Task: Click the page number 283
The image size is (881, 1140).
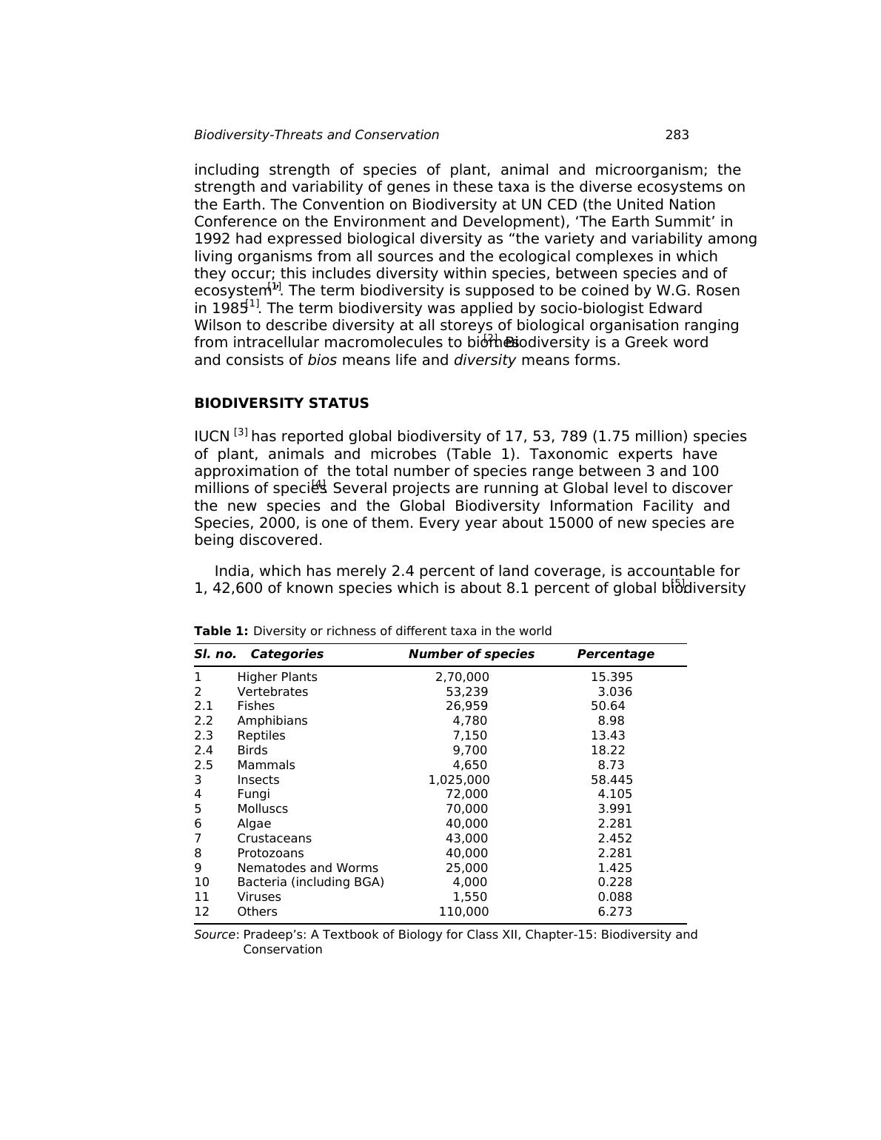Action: coord(677,135)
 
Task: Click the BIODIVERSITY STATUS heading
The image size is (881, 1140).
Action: coord(281,403)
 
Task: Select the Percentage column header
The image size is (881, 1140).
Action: coord(615,654)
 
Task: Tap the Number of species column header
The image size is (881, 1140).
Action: coord(471,654)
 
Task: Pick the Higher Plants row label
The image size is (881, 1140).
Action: coord(277,677)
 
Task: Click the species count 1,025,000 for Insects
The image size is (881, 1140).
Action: coord(459,780)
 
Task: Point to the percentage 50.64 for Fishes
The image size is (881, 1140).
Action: coord(608,706)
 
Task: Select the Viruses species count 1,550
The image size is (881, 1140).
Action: coord(470,897)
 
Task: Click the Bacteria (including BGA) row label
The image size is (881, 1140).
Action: coord(310,882)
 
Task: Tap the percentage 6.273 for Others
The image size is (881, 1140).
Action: coord(614,912)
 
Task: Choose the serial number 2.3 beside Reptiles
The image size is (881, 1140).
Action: coord(204,736)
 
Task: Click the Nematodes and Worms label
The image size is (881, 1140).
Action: coord(307,868)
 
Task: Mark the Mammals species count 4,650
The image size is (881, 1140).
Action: coord(470,765)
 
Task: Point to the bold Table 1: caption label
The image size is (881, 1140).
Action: coord(221,631)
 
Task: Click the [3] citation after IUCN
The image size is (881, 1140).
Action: coord(241,432)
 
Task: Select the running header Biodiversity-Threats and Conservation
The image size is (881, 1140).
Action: coord(316,135)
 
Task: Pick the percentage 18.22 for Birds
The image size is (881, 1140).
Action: coord(608,751)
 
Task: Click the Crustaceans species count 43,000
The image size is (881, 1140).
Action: coord(466,839)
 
